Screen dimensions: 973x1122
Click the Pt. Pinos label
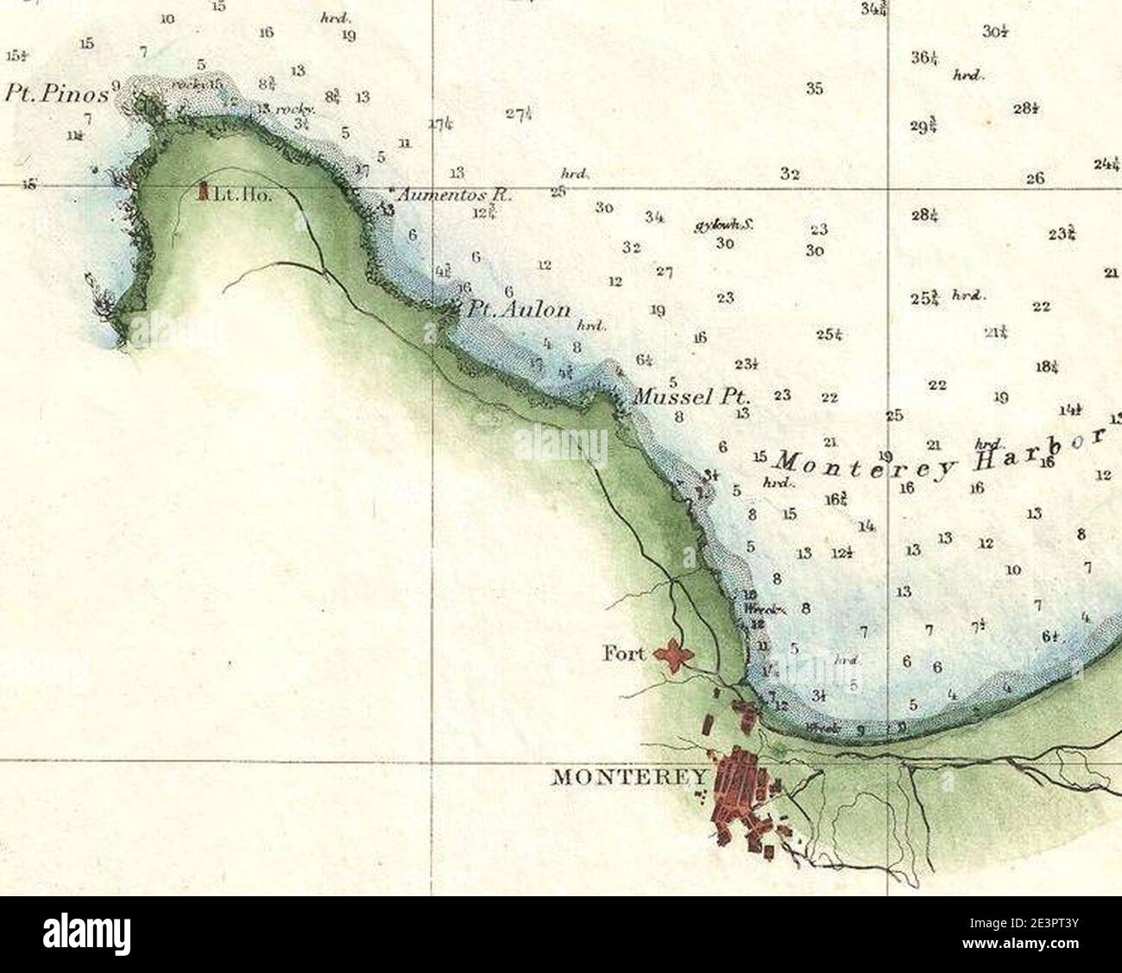(57, 93)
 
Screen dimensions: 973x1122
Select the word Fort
(623, 654)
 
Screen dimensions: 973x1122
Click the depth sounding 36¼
(923, 59)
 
